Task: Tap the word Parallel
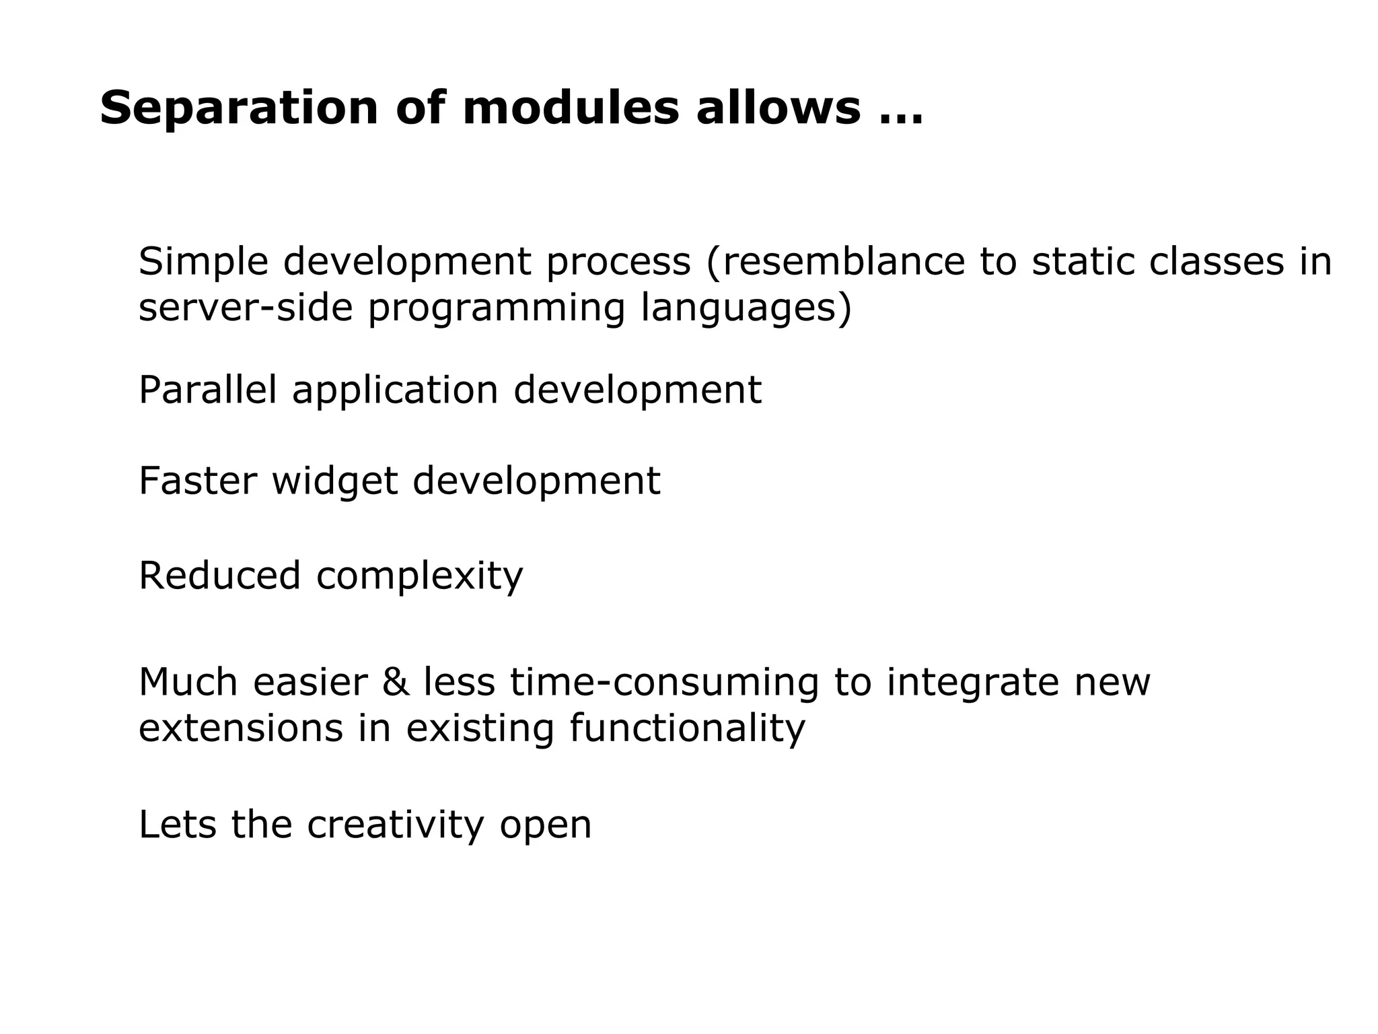207,390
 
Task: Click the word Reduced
219,576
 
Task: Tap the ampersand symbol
396,682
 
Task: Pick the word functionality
687,728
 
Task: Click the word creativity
396,825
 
